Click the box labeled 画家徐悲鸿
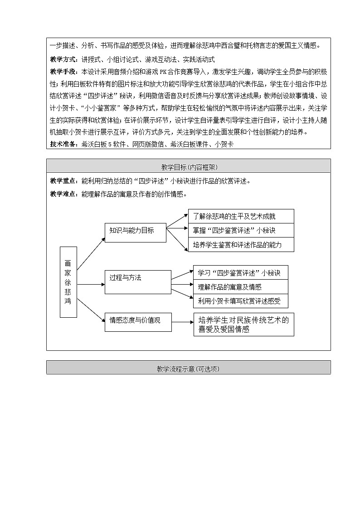(68, 282)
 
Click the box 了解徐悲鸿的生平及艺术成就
(241, 216)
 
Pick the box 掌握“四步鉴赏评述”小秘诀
(241, 230)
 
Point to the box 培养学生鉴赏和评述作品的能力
(241, 245)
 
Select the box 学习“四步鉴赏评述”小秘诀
(240, 273)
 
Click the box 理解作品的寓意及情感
(240, 286)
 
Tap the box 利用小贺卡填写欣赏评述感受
(240, 301)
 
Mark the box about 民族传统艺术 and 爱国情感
(243, 325)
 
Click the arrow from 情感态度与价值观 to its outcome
(182, 322)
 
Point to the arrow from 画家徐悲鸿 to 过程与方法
(91, 284)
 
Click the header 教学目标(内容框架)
(188, 166)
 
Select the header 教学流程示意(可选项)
(188, 368)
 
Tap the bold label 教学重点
(64, 181)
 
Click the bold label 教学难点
(64, 194)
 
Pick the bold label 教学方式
(64, 59)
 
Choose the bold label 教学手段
(64, 72)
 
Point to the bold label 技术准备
(64, 144)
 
